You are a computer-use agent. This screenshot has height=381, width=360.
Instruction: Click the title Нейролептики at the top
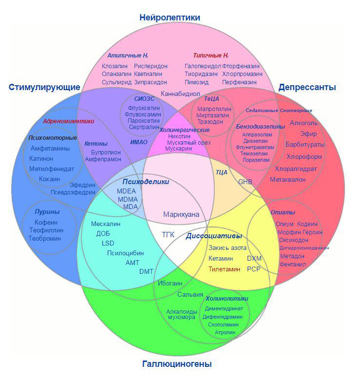(170, 18)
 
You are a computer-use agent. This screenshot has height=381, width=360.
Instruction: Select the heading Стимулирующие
(44, 87)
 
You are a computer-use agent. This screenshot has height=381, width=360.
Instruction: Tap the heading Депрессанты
(307, 87)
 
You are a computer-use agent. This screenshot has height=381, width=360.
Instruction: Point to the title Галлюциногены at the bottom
(177, 364)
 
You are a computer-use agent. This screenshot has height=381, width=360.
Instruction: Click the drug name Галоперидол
(203, 66)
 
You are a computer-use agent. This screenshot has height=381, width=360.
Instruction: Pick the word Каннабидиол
(180, 94)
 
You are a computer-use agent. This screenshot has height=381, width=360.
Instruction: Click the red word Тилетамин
(224, 269)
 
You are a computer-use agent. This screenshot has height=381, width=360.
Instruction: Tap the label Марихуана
(181, 214)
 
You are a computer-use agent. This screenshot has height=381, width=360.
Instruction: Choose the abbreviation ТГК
(168, 235)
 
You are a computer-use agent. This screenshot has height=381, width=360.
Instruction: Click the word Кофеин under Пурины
(46, 222)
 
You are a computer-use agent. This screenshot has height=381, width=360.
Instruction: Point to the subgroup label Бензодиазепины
(261, 127)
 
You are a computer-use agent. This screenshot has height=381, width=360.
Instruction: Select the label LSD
(108, 243)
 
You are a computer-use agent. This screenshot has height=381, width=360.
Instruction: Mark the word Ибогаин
(170, 284)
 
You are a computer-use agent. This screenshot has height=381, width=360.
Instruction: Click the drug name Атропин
(225, 332)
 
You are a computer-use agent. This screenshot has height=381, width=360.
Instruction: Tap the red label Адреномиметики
(69, 121)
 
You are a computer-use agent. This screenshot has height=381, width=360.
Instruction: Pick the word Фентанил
(293, 265)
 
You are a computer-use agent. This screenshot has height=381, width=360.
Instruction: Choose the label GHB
(245, 182)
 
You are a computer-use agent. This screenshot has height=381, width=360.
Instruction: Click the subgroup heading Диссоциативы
(214, 236)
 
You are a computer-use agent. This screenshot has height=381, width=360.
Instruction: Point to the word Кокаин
(49, 179)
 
